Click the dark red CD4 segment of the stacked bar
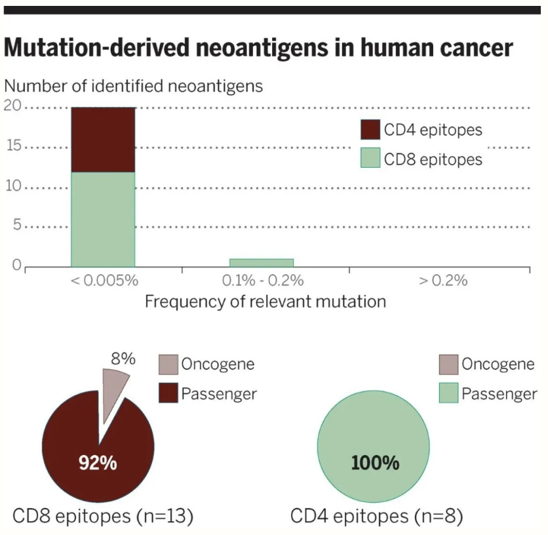[x=103, y=139]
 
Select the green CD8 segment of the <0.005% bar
[x=103, y=219]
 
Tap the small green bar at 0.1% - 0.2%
[x=261, y=263]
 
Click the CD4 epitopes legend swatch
[x=370, y=129]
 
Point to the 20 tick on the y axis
[x=13, y=107]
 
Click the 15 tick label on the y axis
[x=13, y=147]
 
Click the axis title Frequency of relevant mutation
[x=265, y=302]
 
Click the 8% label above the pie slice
[x=122, y=359]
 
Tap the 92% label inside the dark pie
[x=98, y=463]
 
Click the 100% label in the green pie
[x=375, y=463]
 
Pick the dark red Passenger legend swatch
[x=168, y=394]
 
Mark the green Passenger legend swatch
[x=448, y=394]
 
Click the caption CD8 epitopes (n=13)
[x=102, y=516]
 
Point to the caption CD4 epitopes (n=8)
[x=377, y=516]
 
